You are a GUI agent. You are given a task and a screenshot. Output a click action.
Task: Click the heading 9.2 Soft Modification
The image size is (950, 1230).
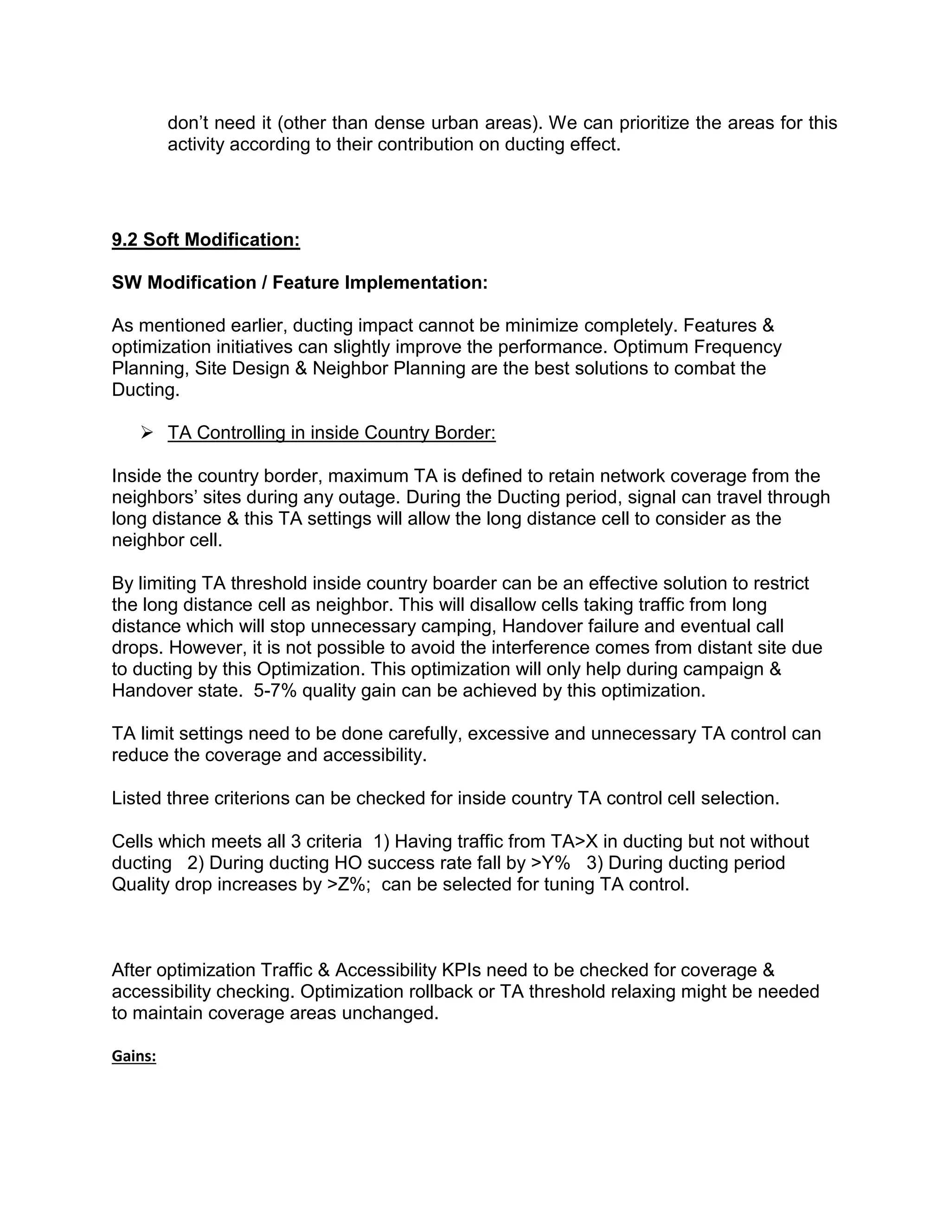205,240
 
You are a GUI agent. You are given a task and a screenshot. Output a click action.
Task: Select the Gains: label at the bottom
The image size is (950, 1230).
134,1056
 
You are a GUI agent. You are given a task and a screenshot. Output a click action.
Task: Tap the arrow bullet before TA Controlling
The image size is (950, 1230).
147,433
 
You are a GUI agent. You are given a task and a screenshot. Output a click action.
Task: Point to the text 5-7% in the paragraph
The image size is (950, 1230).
275,691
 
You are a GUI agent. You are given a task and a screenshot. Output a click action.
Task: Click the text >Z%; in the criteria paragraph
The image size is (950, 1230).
348,884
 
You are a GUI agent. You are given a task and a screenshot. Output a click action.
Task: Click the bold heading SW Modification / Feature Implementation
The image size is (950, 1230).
299,283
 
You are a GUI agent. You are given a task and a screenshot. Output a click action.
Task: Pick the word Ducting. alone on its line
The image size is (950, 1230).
145,390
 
